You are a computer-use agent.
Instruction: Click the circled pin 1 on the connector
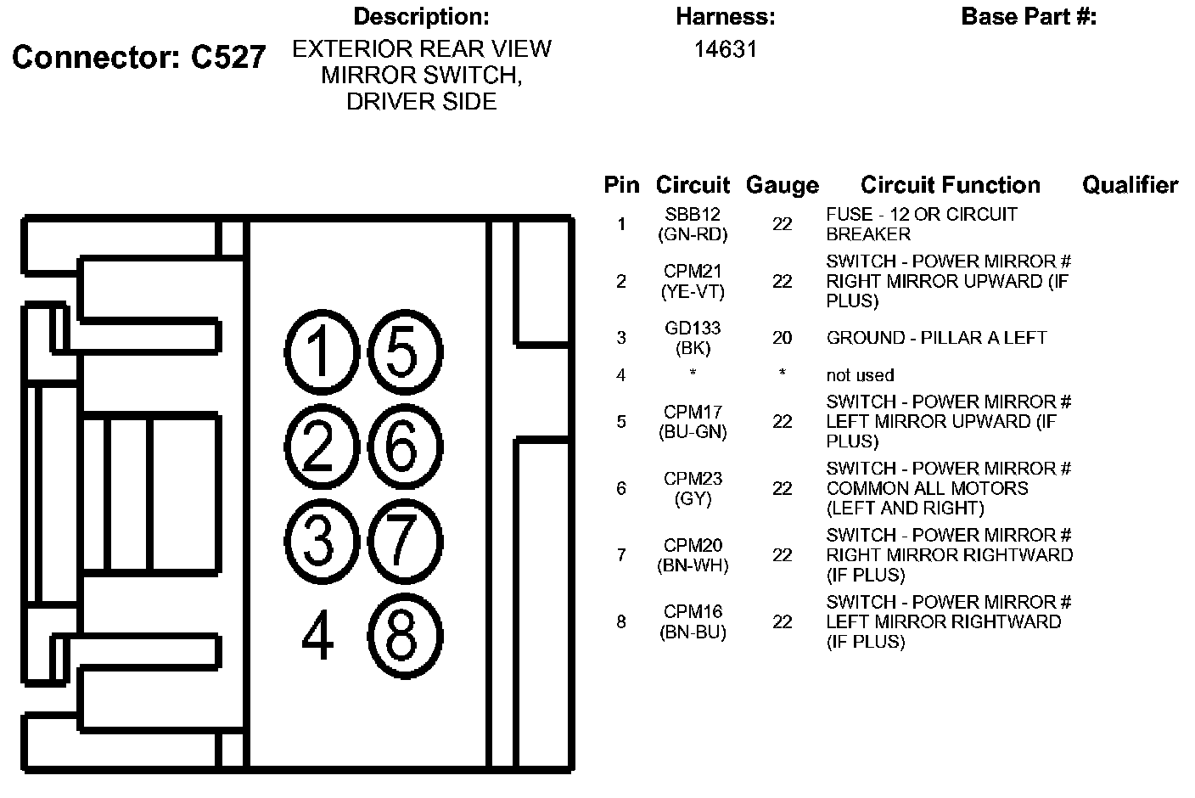[x=319, y=351]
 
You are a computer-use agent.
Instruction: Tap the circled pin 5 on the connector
[x=403, y=351]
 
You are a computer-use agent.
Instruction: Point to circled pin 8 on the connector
[x=403, y=635]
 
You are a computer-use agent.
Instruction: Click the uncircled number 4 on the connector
[x=318, y=637]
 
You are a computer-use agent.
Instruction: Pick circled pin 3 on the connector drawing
[x=319, y=541]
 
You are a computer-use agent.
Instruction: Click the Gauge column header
[x=782, y=185]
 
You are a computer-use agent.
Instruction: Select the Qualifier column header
[x=1130, y=185]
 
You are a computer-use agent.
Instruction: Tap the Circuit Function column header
[x=950, y=185]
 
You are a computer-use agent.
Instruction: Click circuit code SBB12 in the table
[x=693, y=215]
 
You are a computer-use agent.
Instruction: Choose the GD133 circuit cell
[x=693, y=329]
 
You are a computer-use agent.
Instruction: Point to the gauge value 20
[x=782, y=338]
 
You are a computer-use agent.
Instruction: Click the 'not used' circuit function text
[x=860, y=375]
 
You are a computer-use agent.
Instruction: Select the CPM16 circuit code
[x=693, y=611]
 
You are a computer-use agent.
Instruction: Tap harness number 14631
[x=725, y=49]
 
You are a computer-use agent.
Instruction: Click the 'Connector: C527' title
[x=139, y=57]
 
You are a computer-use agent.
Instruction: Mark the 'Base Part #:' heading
[x=1029, y=16]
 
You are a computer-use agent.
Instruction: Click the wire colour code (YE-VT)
[x=693, y=291]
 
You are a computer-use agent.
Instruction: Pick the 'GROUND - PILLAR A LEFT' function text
[x=936, y=338]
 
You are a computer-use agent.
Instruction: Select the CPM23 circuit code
[x=693, y=479]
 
